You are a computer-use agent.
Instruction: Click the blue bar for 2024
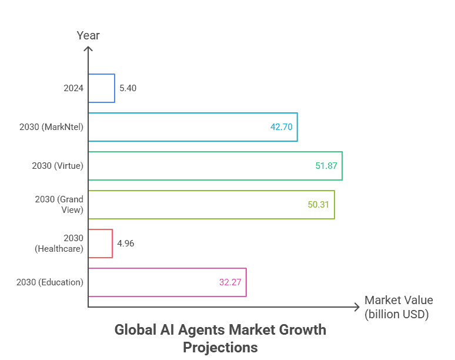click(x=102, y=88)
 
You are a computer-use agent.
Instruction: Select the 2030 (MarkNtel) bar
click(x=192, y=127)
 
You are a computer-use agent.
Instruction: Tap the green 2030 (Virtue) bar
click(x=215, y=166)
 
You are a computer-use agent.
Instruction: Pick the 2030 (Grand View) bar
click(x=211, y=205)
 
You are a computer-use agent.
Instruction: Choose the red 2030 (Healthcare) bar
click(x=101, y=244)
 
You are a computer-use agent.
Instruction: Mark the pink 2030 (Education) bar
click(x=167, y=282)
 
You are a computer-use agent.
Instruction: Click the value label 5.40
click(x=128, y=88)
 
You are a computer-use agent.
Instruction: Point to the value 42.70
click(x=281, y=127)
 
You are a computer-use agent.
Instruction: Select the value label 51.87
click(x=326, y=166)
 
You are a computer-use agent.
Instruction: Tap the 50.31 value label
click(x=319, y=205)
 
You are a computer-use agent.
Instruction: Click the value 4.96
click(x=125, y=244)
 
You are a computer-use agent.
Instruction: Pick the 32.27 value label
click(x=230, y=282)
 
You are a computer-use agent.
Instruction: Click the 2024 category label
click(x=73, y=88)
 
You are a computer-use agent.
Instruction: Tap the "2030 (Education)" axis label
click(x=50, y=282)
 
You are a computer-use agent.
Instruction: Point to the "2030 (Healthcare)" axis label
click(x=59, y=244)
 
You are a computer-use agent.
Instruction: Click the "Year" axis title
click(x=88, y=36)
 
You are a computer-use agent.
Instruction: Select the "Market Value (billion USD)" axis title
click(x=398, y=307)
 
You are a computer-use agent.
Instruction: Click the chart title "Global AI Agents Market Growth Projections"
click(x=220, y=338)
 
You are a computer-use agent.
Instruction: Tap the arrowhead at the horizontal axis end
click(x=356, y=307)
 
